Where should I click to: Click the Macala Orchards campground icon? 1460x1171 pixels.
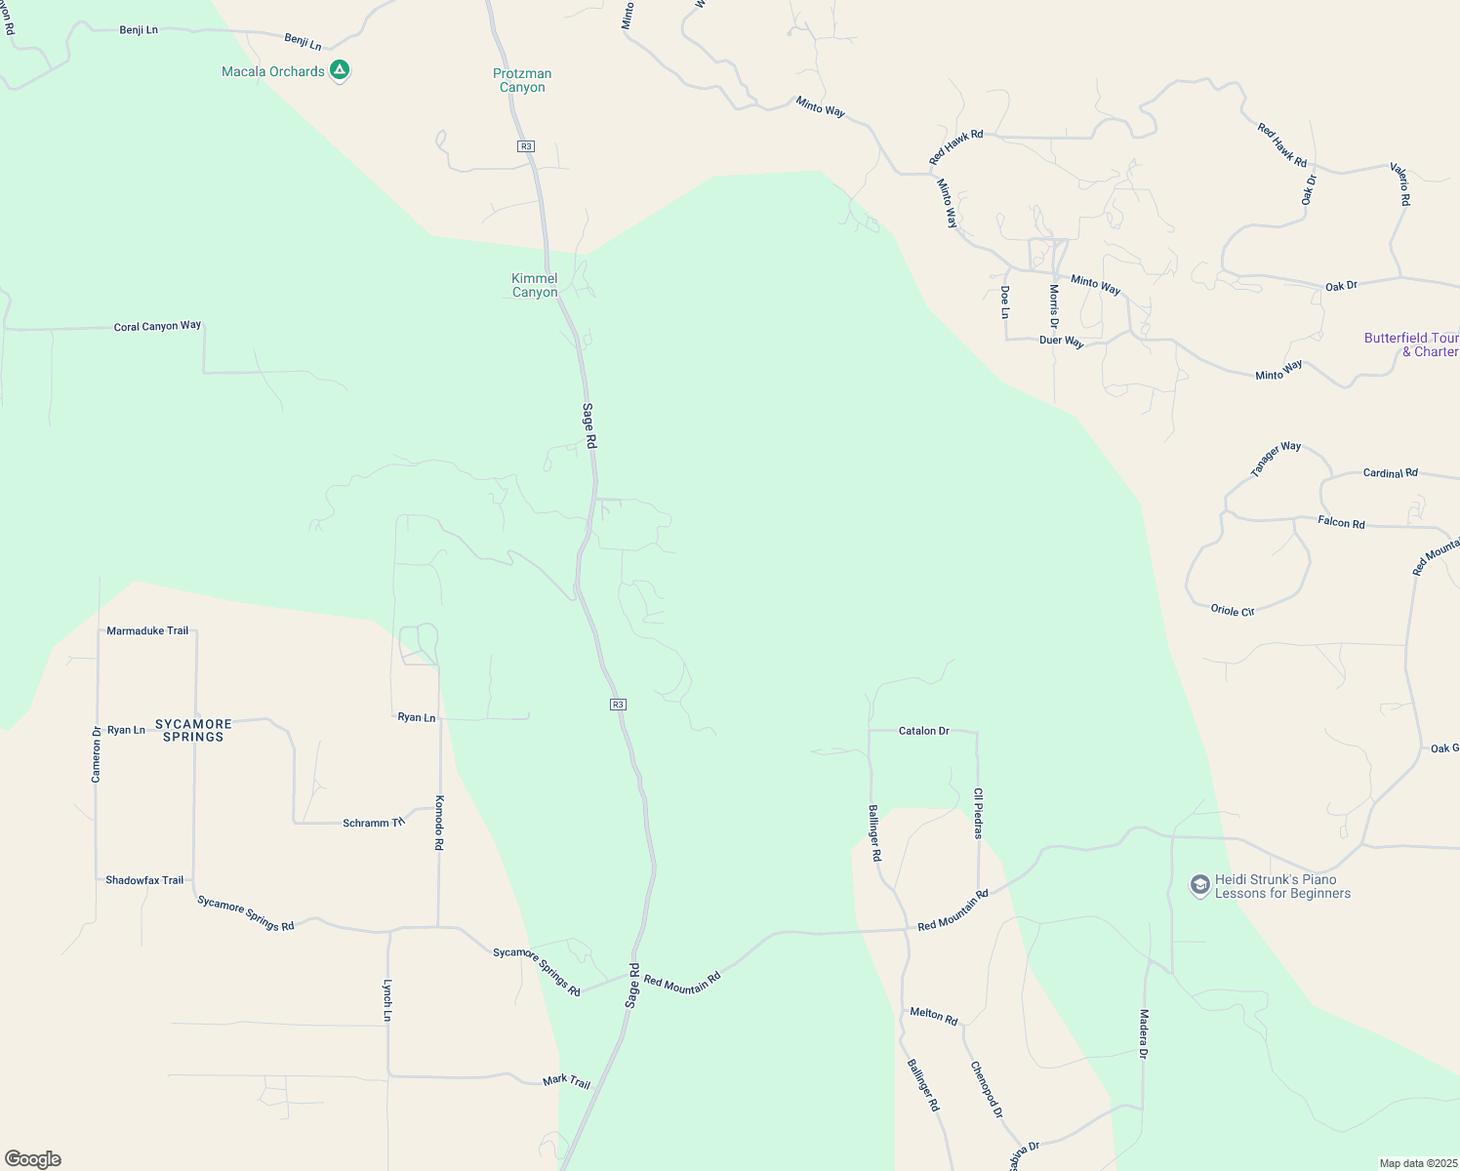coord(339,70)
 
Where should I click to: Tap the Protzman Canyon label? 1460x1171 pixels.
coord(522,80)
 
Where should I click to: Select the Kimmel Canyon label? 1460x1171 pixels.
coord(535,285)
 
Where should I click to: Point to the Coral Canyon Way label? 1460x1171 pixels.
coord(157,326)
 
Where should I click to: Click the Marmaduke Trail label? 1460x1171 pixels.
coord(147,630)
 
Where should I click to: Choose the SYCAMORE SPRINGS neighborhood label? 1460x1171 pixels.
coord(193,730)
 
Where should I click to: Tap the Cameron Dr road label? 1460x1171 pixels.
coord(97,753)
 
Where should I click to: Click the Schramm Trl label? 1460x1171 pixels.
coord(373,823)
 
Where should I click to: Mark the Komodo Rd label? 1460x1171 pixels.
coord(439,823)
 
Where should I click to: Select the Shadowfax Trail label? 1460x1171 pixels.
coord(144,880)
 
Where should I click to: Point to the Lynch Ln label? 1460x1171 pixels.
coord(387,1000)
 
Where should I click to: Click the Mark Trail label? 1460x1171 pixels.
coord(566,1081)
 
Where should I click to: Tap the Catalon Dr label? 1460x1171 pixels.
coord(923,731)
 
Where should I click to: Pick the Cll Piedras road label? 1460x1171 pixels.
coord(978,813)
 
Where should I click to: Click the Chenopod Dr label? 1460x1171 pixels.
coord(986,1089)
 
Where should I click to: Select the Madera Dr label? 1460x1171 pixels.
coord(1144,1033)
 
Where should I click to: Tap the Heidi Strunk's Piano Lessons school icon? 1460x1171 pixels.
coord(1199,885)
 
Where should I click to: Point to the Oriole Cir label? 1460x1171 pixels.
coord(1233,610)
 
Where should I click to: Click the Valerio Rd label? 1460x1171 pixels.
coord(1400,183)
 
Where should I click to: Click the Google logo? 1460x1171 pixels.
coord(33,1159)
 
